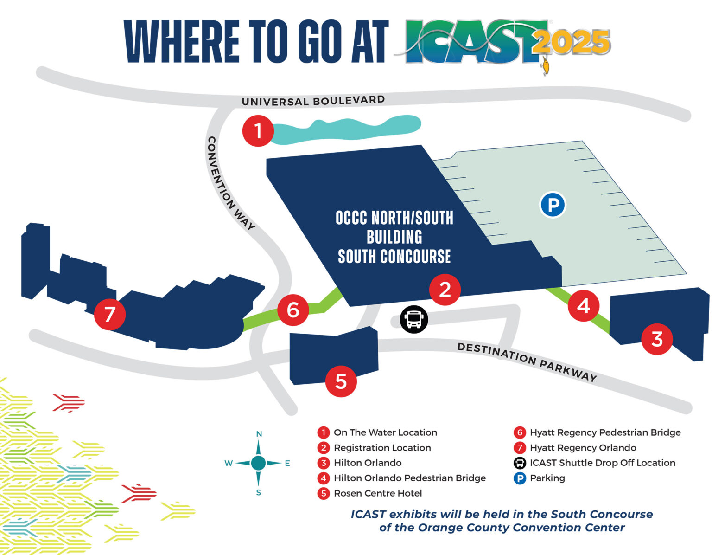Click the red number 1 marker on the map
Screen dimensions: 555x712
[258, 131]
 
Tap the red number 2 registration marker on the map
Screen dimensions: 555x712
[445, 290]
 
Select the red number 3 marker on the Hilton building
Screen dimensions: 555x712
[657, 339]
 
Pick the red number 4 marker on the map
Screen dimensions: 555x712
[583, 306]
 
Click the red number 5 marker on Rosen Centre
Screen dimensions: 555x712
[341, 381]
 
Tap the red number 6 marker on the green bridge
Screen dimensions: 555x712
[293, 310]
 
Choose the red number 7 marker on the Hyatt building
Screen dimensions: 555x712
[110, 314]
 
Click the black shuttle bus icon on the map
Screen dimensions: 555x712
[413, 319]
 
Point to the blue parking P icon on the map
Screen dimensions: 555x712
[553, 205]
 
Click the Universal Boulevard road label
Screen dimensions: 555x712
[313, 101]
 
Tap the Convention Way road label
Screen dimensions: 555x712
[230, 183]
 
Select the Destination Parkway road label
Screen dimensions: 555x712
[527, 361]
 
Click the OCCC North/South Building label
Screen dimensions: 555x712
[394, 237]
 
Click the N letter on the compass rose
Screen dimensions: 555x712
[259, 434]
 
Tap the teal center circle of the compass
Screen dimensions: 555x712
[258, 463]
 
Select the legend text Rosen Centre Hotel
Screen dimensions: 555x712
[378, 493]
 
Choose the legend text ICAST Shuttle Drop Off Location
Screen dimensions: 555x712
[602, 463]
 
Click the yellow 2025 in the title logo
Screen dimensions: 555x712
[571, 43]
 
